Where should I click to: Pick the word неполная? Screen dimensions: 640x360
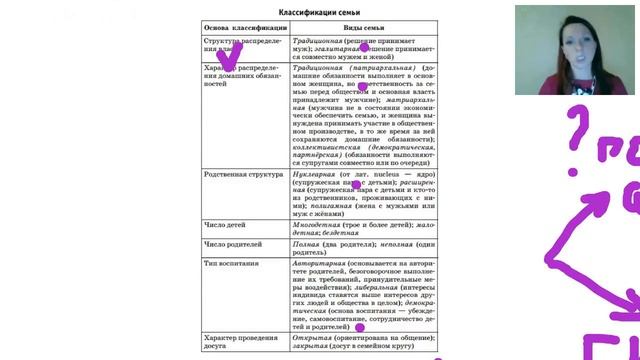coord(383,244)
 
